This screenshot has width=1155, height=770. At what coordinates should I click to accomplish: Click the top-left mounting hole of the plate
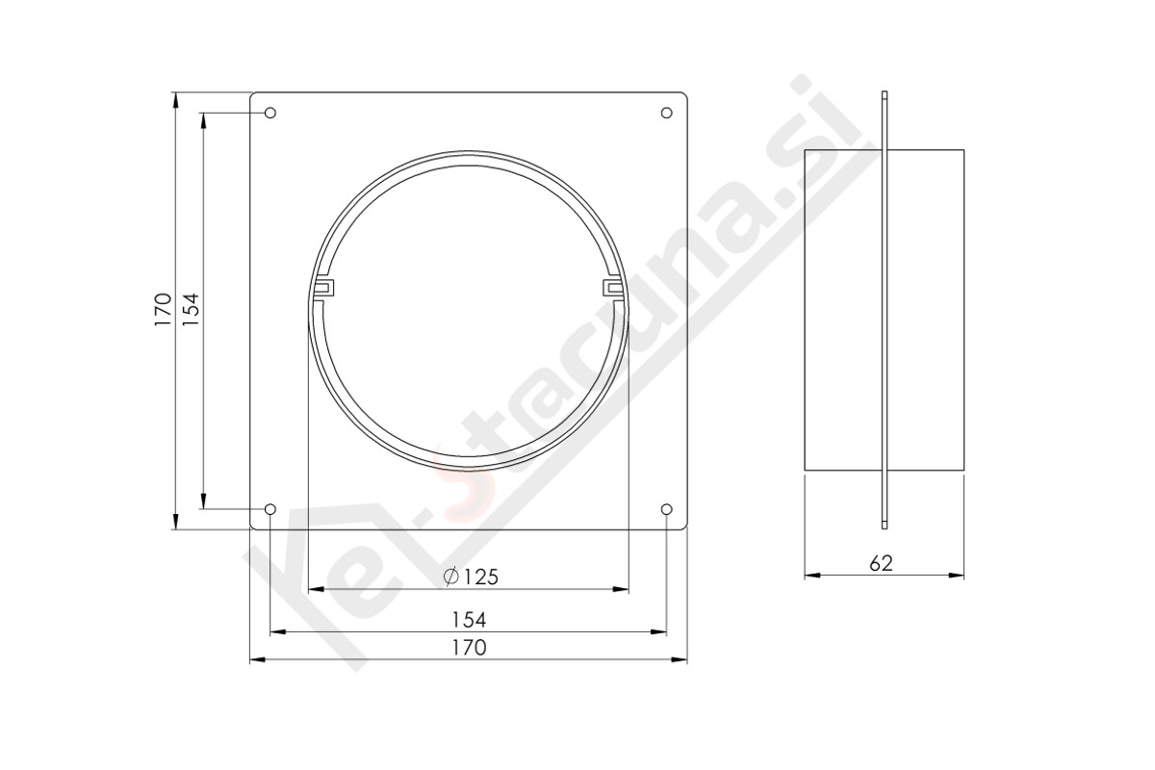[x=270, y=113]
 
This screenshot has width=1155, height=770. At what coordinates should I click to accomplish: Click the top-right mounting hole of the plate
[x=666, y=113]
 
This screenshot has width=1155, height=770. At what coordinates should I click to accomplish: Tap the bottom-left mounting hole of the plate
[x=270, y=509]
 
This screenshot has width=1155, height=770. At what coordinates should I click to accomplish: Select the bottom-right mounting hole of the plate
[x=666, y=509]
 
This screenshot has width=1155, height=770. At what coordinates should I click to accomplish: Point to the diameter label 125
[x=480, y=577]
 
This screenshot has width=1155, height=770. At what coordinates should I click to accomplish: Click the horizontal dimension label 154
[x=469, y=620]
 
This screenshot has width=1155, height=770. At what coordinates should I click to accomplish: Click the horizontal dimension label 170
[x=469, y=648]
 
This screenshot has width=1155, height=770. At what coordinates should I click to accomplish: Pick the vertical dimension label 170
[x=163, y=309]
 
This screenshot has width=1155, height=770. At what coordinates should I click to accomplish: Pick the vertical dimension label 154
[x=191, y=309]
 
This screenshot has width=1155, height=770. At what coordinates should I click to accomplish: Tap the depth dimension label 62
[x=881, y=563]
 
